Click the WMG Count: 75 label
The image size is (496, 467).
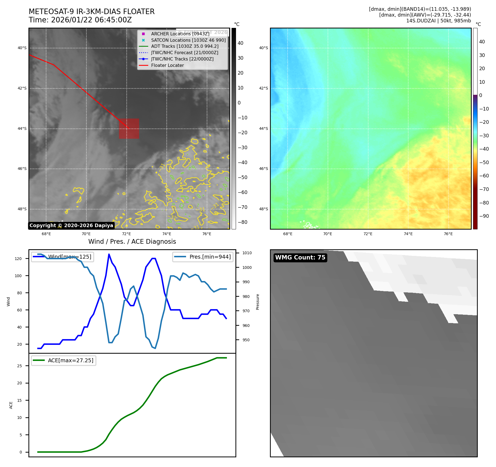[x=300, y=258]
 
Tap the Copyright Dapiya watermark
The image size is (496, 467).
[x=71, y=225]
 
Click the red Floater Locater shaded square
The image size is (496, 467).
[x=129, y=128]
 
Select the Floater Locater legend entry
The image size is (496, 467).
[x=167, y=65]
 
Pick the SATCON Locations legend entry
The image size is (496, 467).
[x=188, y=40]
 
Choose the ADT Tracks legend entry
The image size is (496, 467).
[x=185, y=46]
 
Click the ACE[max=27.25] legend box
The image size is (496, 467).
[x=63, y=360]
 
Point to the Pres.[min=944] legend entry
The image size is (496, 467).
[x=203, y=257]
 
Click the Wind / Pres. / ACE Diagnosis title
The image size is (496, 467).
[x=132, y=242]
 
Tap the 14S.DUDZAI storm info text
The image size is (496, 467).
[x=438, y=21]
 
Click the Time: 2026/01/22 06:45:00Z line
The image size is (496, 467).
[x=80, y=20]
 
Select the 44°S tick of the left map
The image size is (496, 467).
[x=22, y=128]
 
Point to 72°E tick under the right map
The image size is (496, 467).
[x=368, y=234]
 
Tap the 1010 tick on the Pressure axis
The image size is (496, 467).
[x=247, y=253]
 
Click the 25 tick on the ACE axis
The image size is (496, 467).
[x=20, y=366]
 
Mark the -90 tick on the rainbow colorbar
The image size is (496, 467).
[x=484, y=216]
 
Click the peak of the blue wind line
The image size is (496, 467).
[x=109, y=254]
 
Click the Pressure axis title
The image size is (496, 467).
[x=258, y=302]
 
